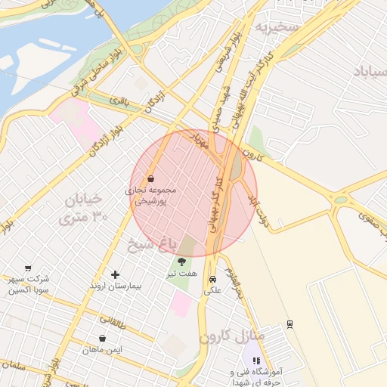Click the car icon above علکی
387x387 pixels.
pyautogui.click(x=212, y=277)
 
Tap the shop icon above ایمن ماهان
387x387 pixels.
pyautogui.click(x=102, y=338)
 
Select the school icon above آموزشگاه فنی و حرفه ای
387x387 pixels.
pyautogui.click(x=256, y=361)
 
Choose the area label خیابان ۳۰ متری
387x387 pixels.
pyautogui.click(x=84, y=209)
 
